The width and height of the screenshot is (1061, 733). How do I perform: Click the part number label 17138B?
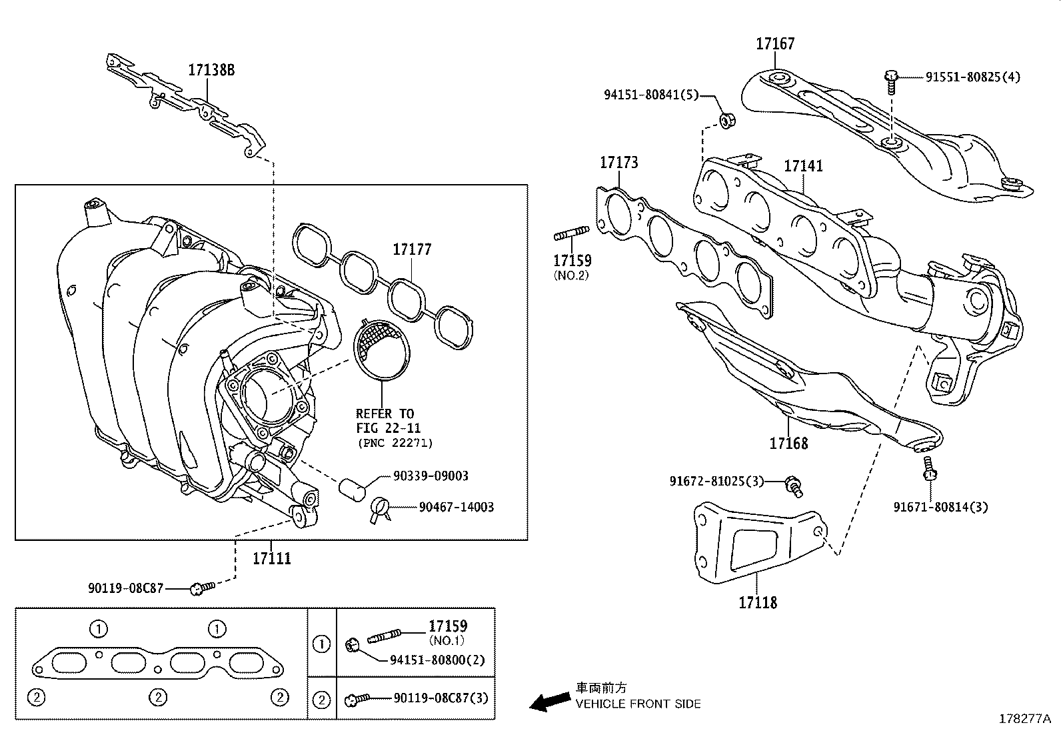[211, 70]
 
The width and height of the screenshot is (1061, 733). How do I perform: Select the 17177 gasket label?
[412, 249]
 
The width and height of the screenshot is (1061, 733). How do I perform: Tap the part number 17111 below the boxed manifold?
[272, 558]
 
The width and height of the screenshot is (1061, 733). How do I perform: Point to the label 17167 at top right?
[775, 44]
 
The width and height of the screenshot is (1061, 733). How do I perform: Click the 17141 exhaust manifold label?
[803, 165]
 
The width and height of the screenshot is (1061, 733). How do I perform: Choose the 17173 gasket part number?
[618, 162]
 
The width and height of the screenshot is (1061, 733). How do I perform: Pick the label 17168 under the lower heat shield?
[788, 443]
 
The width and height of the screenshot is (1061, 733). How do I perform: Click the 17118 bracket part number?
[758, 602]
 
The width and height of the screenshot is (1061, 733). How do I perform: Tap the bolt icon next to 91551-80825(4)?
[891, 79]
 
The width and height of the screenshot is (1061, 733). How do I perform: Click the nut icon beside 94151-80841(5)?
[726, 121]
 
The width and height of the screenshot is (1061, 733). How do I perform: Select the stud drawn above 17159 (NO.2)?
[572, 234]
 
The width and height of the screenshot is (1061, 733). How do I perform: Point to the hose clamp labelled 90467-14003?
[380, 508]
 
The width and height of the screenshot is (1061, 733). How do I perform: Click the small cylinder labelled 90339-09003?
[353, 489]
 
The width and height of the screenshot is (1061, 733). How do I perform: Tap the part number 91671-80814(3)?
[940, 507]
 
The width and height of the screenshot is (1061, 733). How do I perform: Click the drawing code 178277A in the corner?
[1024, 719]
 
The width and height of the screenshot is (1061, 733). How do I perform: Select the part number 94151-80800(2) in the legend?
[437, 660]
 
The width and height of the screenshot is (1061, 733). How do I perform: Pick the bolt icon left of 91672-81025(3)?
[794, 485]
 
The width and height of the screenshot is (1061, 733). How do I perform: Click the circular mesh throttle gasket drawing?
[382, 349]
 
